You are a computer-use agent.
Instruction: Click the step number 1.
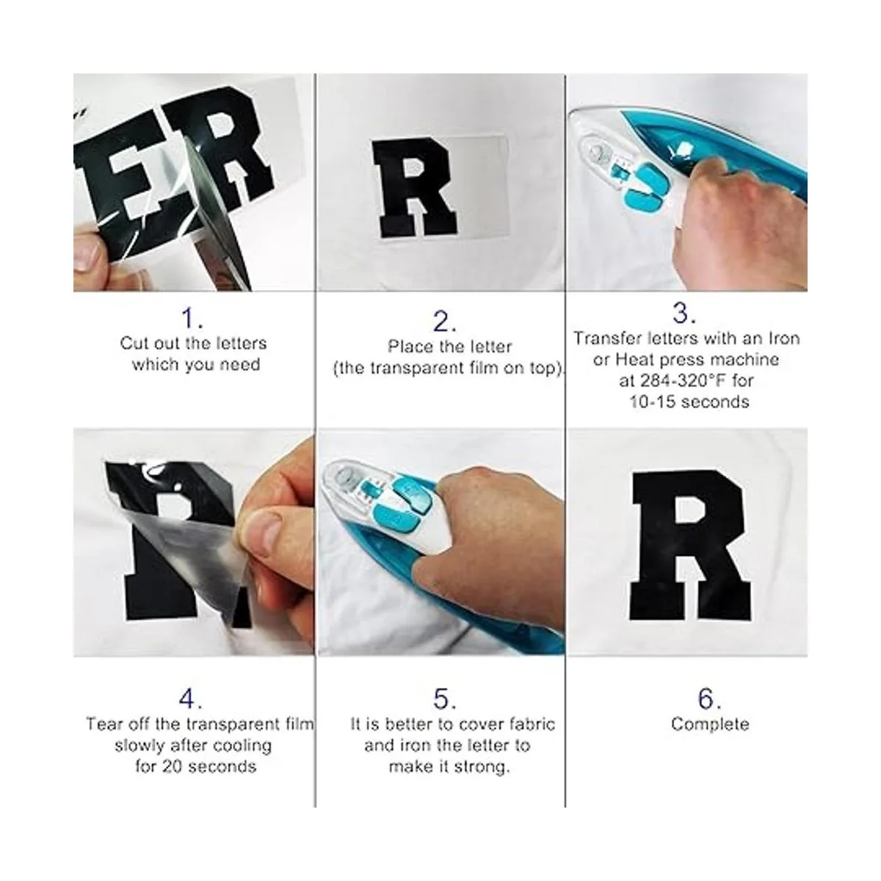pos(192,318)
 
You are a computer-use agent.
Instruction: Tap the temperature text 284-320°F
pos(672,380)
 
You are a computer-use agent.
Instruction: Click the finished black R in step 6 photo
pos(692,545)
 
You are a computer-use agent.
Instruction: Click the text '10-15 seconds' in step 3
pos(689,402)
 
